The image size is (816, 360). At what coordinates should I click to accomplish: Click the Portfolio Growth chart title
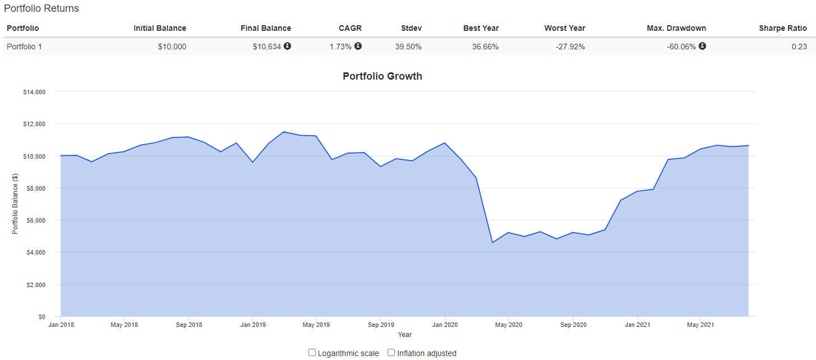382,76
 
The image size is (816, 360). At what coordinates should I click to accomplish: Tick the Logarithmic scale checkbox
312,353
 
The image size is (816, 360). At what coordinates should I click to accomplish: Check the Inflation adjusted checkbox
391,353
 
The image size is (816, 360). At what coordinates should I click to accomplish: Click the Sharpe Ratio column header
782,28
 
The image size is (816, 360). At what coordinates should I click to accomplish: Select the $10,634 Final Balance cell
266,47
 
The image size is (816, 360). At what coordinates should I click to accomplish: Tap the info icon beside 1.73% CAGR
358,46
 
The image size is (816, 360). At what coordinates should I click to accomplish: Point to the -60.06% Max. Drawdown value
681,47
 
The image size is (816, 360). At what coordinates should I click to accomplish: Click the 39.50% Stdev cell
408,47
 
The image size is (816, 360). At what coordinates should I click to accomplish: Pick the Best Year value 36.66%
485,47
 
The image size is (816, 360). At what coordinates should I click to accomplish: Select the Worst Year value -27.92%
570,47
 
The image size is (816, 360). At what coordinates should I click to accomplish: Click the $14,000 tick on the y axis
35,92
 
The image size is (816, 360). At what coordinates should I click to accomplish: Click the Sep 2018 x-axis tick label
189,325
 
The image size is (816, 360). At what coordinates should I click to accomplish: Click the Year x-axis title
404,335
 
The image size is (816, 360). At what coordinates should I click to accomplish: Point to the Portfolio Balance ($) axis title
15,204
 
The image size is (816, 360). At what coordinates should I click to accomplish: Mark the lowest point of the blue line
492,242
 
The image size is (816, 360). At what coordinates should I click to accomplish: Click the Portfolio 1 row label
24,47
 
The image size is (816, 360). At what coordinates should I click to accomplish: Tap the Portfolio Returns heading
42,8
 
